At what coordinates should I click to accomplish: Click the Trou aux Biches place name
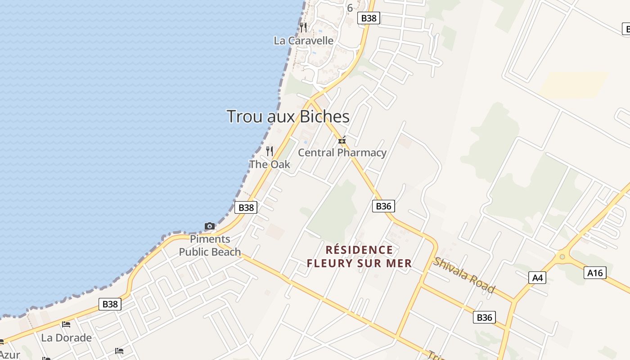[x=288, y=117]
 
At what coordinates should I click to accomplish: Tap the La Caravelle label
[x=304, y=40]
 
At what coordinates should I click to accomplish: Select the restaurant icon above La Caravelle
[x=304, y=27]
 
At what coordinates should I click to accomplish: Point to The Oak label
[x=270, y=164]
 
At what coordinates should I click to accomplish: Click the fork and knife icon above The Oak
[x=270, y=151]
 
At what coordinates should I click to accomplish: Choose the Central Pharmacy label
[x=342, y=153]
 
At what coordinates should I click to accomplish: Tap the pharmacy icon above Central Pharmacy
[x=342, y=140]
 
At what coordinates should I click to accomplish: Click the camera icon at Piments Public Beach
[x=210, y=226]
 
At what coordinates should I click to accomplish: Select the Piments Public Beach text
[x=210, y=245]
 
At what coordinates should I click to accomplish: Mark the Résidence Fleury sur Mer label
[x=359, y=256]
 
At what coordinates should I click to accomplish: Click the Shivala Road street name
[x=464, y=274]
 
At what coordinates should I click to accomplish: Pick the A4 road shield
[x=538, y=278]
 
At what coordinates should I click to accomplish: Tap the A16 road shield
[x=595, y=272]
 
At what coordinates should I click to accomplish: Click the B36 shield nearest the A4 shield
[x=484, y=317]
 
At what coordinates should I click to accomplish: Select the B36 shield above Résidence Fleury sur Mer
[x=383, y=206]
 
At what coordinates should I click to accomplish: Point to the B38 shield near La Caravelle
[x=369, y=18]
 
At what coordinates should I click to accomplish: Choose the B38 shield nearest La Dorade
[x=110, y=304]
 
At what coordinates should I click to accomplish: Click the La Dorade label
[x=66, y=337]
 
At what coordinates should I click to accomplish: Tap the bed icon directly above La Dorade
[x=66, y=324]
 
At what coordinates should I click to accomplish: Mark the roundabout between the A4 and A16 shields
[x=561, y=257]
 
